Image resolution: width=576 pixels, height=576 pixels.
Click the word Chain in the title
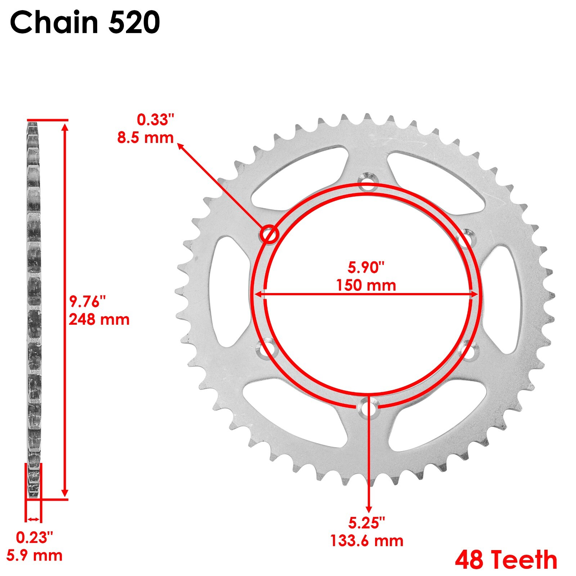coord(54,22)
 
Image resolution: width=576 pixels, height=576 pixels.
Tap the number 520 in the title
coord(134,22)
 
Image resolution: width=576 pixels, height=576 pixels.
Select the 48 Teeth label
coord(506,560)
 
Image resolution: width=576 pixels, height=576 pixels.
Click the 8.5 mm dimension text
coord(145,138)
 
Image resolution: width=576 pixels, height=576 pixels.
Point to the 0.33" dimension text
coord(155,120)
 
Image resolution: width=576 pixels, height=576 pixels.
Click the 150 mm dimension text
coord(366,285)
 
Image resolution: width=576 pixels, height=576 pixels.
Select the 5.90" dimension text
coord(366,267)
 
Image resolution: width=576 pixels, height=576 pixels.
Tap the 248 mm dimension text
coord(99,319)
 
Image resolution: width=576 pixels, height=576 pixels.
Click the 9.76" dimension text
coord(87,302)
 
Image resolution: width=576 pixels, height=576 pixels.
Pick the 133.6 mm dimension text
coord(366,541)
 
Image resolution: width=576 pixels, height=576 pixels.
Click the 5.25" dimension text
coord(366,523)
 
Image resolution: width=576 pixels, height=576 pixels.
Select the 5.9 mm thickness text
coord(34,555)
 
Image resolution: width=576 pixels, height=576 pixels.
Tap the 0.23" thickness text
coord(34,538)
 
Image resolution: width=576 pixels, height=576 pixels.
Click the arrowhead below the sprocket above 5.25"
coord(368,508)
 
